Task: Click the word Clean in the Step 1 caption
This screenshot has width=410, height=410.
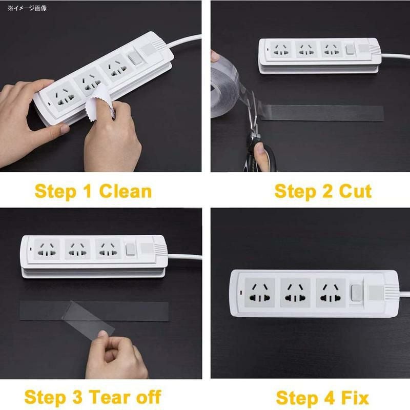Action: [x=126, y=191]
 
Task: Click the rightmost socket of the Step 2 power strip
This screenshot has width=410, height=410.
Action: [x=331, y=50]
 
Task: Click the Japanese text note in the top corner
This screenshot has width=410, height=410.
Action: [x=27, y=8]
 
